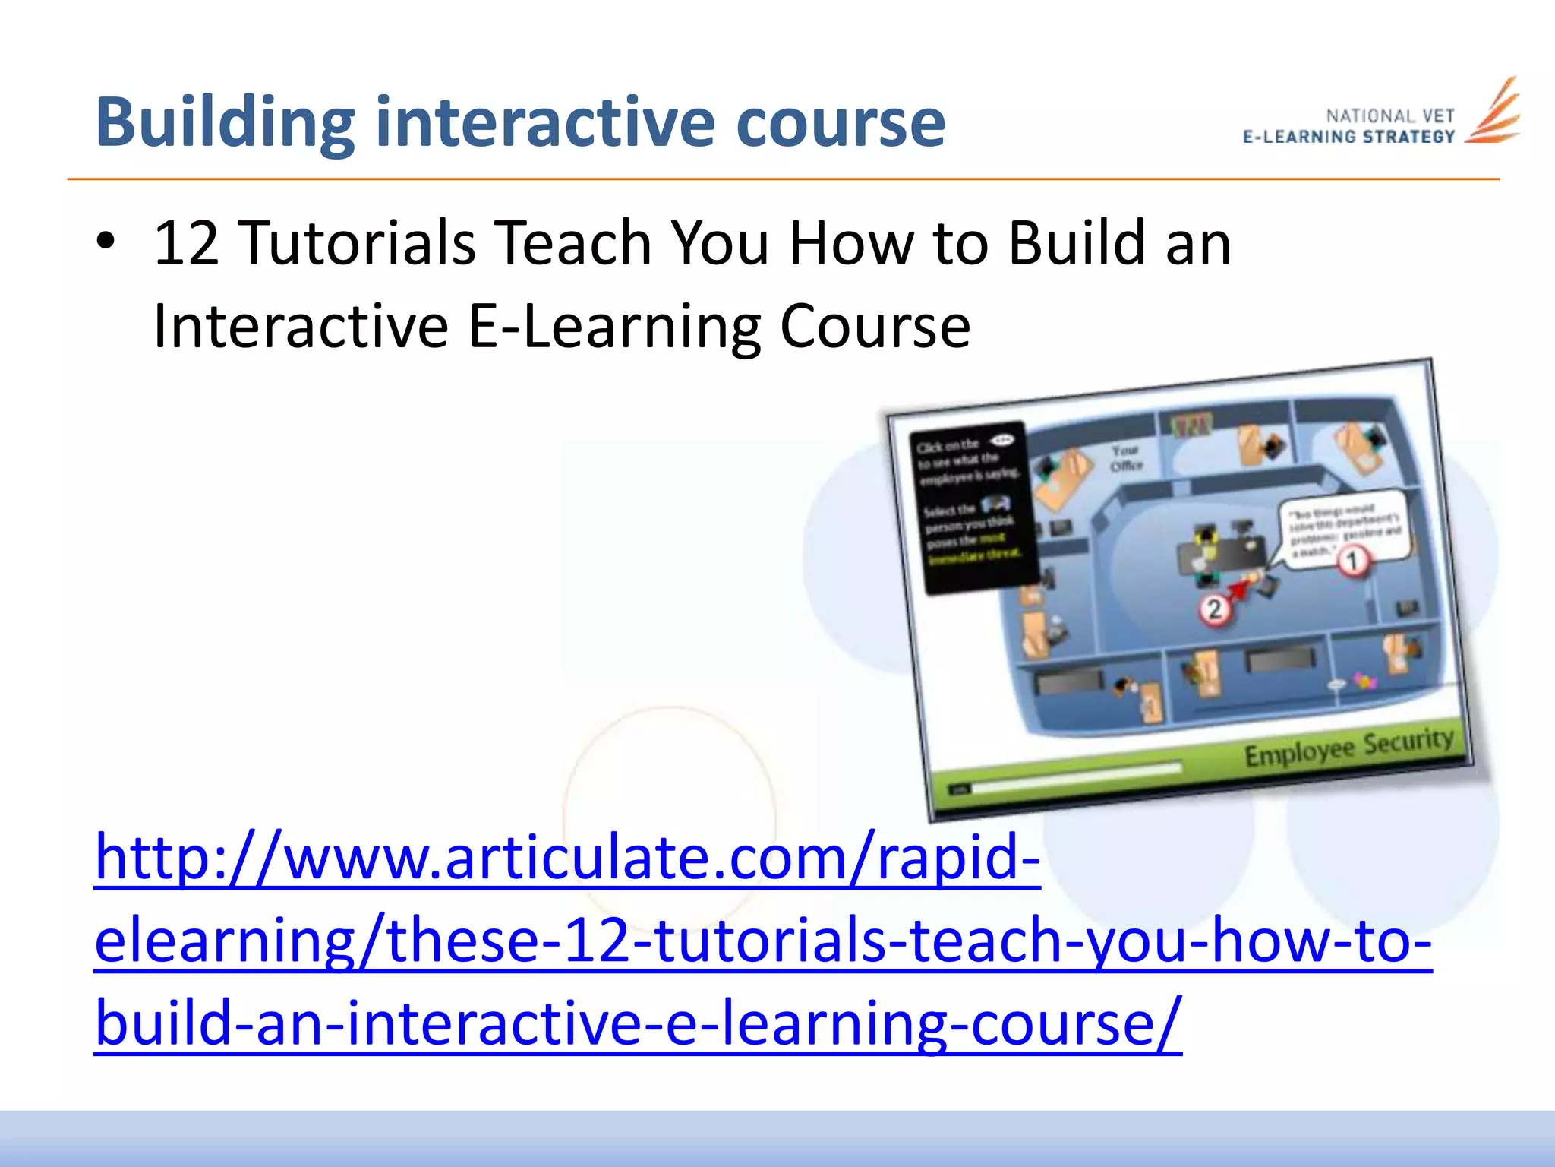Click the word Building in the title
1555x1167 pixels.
click(225, 123)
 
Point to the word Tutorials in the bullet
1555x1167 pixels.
click(358, 243)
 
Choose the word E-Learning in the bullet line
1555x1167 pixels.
click(615, 327)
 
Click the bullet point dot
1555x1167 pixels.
click(106, 242)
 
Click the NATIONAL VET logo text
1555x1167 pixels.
click(1389, 116)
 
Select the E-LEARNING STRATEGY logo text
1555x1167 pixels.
click(1348, 137)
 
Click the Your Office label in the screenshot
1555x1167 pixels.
click(1125, 458)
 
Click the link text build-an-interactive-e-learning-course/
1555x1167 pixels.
click(638, 1024)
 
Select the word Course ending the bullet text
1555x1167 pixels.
click(875, 327)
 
